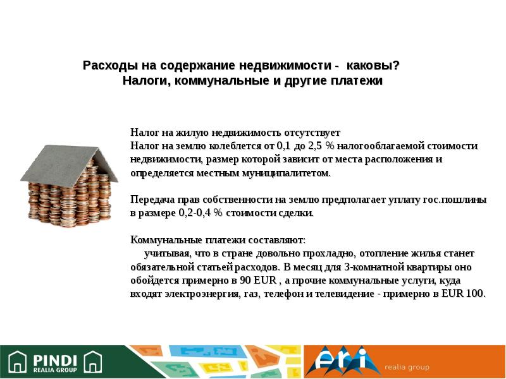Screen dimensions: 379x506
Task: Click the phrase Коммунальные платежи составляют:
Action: [x=218, y=240]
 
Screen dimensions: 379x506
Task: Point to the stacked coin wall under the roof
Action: [x=70, y=199]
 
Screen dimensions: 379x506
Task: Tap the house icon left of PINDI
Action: [x=16, y=362]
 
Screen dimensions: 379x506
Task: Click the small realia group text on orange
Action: [x=408, y=367]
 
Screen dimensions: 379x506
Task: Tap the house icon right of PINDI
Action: [x=93, y=362]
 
